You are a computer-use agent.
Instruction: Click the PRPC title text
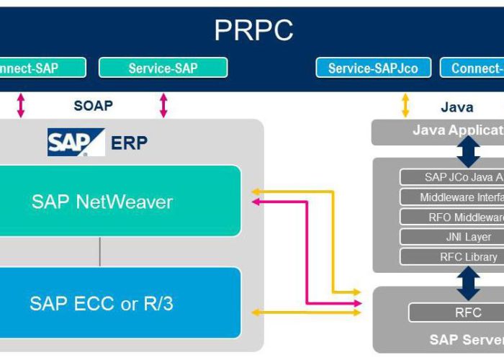pos(253,30)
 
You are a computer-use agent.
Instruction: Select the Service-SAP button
pos(163,68)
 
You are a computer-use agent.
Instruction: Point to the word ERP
pos(129,143)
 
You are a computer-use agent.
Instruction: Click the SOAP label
pos(93,106)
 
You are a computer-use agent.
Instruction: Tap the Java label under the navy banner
pos(456,107)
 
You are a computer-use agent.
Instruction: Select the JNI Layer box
pos(452,237)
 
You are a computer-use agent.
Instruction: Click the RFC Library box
pos(452,257)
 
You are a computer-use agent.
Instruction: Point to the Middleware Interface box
pos(452,197)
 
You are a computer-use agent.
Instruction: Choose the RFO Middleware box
pos(452,217)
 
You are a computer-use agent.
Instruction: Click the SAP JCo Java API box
pos(452,177)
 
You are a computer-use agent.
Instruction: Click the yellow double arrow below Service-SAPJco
pos(405,105)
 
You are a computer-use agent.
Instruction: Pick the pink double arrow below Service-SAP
pos(163,105)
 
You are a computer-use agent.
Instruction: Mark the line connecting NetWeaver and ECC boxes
pos(100,251)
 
